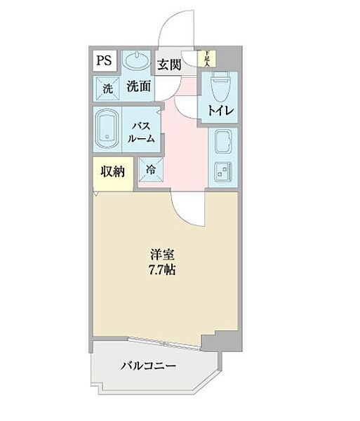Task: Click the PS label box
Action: [x=104, y=61]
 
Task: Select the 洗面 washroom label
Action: [x=138, y=87]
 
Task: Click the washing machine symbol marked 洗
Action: [x=107, y=89]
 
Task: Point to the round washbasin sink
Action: [x=135, y=60]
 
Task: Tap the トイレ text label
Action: [x=220, y=111]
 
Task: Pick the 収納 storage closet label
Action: [x=112, y=172]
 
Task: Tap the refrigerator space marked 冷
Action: [x=151, y=169]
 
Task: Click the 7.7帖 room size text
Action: [x=161, y=269]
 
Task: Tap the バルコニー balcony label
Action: [x=147, y=366]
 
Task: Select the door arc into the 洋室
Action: [x=186, y=206]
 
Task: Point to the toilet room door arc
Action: [x=188, y=105]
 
